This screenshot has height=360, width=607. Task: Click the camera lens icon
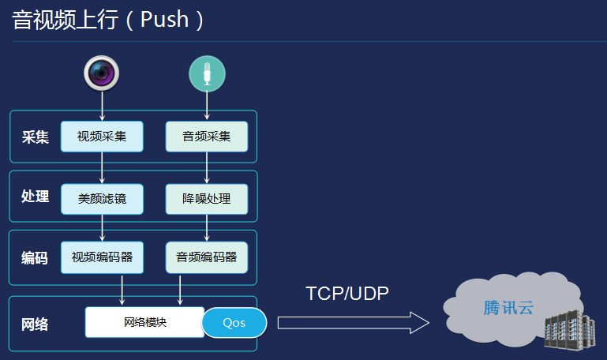(x=103, y=73)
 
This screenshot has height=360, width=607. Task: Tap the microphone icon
(x=207, y=74)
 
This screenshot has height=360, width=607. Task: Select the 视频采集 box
(x=102, y=137)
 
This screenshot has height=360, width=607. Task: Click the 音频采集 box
(x=207, y=137)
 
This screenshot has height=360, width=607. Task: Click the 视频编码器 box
(x=102, y=257)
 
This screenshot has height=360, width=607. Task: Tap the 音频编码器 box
(x=207, y=257)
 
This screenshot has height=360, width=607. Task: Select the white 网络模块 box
(x=144, y=322)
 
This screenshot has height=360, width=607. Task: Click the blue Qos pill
(x=234, y=322)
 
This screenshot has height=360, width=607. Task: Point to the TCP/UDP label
(x=347, y=294)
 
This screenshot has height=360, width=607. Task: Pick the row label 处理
(x=36, y=197)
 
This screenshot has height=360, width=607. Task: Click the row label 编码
(x=36, y=258)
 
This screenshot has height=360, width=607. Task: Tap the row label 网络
(x=36, y=324)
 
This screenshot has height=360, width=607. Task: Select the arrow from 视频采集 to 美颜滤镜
(x=103, y=167)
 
